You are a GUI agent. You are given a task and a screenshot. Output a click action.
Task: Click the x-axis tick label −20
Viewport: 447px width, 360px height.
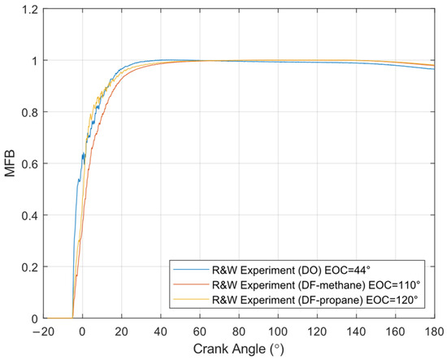click(x=43, y=332)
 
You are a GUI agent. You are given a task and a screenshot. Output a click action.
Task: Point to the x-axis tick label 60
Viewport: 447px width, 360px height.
click(x=200, y=332)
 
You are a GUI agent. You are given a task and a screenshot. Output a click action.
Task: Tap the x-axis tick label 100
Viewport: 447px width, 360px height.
click(x=278, y=332)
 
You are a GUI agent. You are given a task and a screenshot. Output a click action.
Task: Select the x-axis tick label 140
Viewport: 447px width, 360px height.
click(x=356, y=332)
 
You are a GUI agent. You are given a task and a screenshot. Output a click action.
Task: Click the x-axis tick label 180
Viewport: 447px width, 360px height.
click(x=434, y=332)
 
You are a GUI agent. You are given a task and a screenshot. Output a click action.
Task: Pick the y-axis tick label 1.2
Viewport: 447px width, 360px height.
click(x=29, y=9)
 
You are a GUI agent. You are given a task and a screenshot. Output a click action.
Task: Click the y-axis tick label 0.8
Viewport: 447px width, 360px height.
click(x=29, y=112)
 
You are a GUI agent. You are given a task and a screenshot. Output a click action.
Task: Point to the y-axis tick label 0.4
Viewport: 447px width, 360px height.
click(x=29, y=215)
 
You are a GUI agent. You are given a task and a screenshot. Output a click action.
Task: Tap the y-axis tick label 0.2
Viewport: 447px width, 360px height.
click(x=29, y=267)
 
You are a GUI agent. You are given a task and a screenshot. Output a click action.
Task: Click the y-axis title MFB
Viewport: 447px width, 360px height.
click(x=10, y=163)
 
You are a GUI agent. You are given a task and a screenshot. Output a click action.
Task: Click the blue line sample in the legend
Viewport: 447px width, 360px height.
click(x=191, y=270)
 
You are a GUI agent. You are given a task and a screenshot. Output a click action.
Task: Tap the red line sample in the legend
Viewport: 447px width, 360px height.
click(x=191, y=284)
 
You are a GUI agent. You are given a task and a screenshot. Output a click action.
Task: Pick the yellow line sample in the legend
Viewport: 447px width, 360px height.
click(x=191, y=299)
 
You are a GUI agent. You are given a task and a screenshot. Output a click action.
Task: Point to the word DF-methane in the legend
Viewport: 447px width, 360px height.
click(x=332, y=284)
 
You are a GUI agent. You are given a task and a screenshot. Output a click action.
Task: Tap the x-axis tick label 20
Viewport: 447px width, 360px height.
click(x=121, y=332)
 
